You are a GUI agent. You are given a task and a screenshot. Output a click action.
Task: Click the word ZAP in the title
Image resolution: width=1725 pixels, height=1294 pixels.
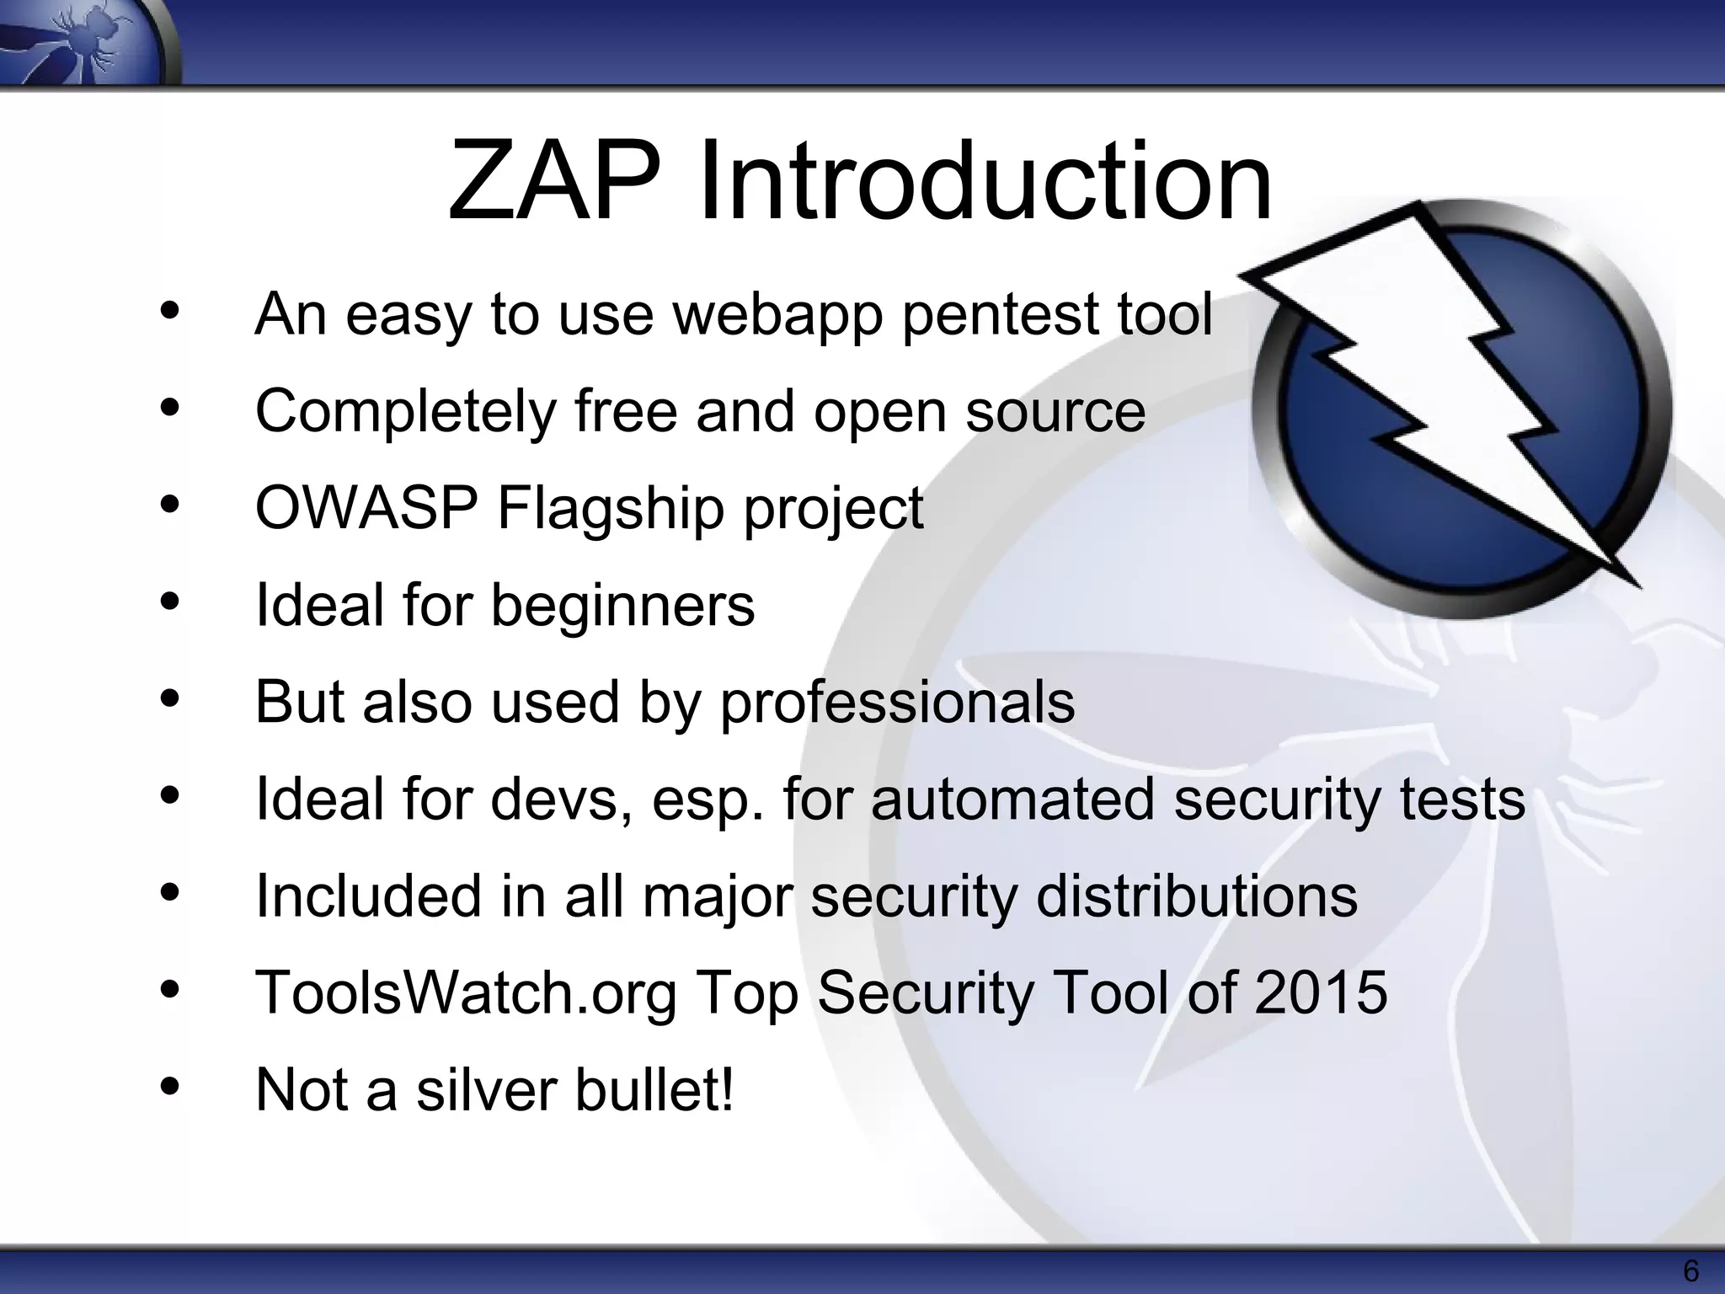tap(554, 181)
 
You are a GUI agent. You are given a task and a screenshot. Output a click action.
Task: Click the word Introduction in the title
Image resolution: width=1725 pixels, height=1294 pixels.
tap(985, 181)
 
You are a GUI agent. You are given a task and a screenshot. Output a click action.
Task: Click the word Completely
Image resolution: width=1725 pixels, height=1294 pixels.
tap(405, 412)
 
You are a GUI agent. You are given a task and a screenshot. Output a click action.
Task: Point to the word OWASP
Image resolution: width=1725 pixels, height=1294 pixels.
tap(366, 508)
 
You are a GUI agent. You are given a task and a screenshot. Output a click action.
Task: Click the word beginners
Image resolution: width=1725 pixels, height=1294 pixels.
tap(623, 606)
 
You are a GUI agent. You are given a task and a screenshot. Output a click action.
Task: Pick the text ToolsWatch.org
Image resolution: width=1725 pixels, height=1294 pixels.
tap(466, 993)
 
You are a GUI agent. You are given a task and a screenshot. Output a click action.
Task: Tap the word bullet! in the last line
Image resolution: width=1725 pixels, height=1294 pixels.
tap(654, 1089)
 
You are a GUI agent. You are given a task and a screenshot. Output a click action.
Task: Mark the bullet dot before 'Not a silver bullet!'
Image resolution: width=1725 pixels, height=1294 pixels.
tap(169, 1085)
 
